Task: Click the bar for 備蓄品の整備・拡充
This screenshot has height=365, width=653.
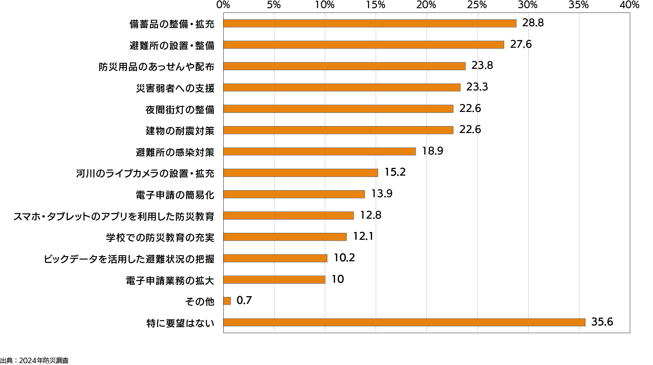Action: tap(370, 23)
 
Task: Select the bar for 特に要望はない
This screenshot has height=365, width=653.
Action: tap(404, 322)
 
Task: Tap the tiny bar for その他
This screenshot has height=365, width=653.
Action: tap(227, 301)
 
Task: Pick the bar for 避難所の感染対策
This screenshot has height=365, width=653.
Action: tap(319, 152)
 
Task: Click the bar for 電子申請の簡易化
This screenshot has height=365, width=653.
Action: tap(294, 194)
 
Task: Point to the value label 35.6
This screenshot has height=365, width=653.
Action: tap(602, 322)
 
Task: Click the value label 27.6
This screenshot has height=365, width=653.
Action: tap(521, 44)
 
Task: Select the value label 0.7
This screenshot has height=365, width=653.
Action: tap(244, 300)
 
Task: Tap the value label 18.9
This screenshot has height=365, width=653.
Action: tap(432, 151)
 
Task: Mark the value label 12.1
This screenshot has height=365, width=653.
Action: tap(363, 236)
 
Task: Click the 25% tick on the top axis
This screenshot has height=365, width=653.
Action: tap(477, 5)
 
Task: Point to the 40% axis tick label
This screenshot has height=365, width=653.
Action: tap(629, 5)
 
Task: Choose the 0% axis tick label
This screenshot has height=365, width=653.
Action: tap(223, 5)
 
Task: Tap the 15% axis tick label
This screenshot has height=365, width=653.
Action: tap(376, 5)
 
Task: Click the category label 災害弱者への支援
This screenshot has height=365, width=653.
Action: tap(175, 88)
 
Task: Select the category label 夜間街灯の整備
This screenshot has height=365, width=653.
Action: tap(180, 109)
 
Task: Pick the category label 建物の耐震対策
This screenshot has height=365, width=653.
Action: tap(180, 130)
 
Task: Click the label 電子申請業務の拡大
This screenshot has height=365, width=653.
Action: tap(170, 280)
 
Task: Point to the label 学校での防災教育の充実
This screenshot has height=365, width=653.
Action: tap(160, 237)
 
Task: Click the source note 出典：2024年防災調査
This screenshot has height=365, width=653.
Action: tap(34, 361)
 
